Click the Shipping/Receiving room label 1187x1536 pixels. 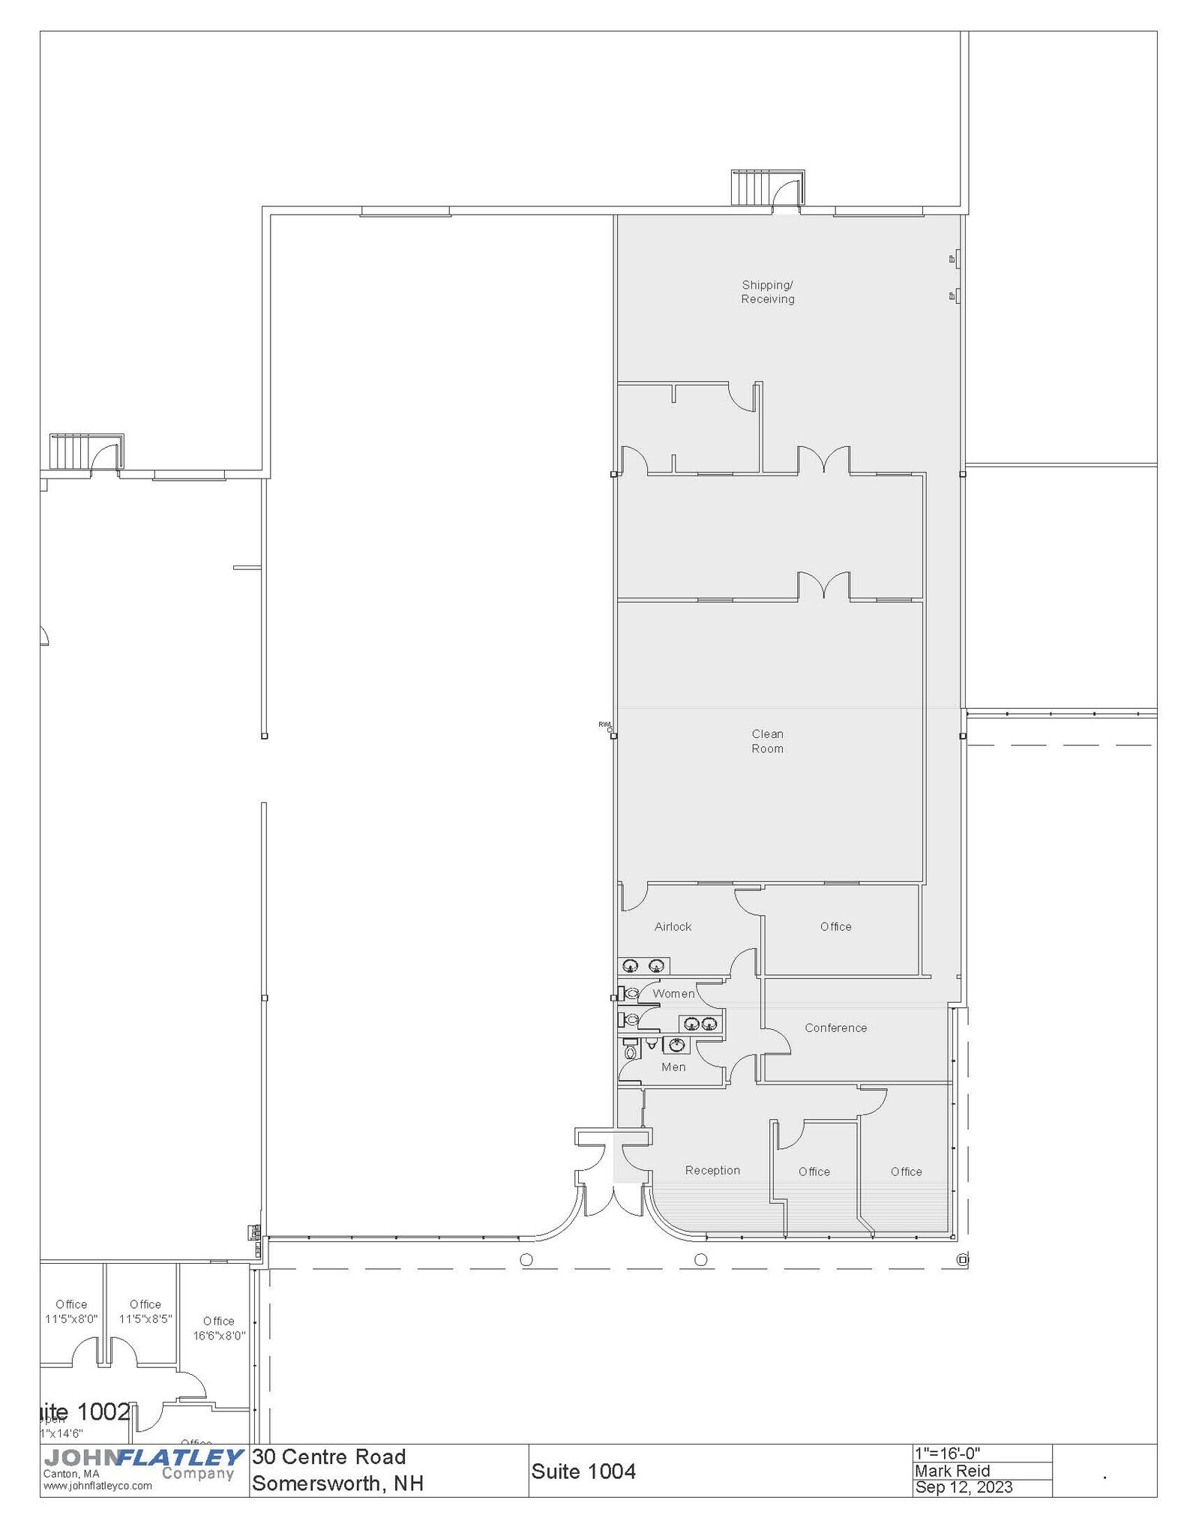767,292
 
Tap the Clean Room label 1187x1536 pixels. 767,741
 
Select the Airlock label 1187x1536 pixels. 673,926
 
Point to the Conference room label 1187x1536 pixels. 835,1027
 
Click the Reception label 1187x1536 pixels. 712,1170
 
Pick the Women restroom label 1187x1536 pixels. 673,994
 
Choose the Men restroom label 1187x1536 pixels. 673,1066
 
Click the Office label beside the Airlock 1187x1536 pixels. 835,926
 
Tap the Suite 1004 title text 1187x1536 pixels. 583,1471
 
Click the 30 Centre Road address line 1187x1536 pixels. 328,1456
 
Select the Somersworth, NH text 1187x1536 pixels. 337,1483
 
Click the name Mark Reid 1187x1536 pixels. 952,1471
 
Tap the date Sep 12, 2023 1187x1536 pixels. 964,1487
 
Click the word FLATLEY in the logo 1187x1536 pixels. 180,1457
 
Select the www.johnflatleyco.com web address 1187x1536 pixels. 97,1486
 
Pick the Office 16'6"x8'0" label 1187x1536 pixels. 219,1328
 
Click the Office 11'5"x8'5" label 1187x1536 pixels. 145,1312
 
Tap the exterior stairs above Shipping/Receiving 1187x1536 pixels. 751,187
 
